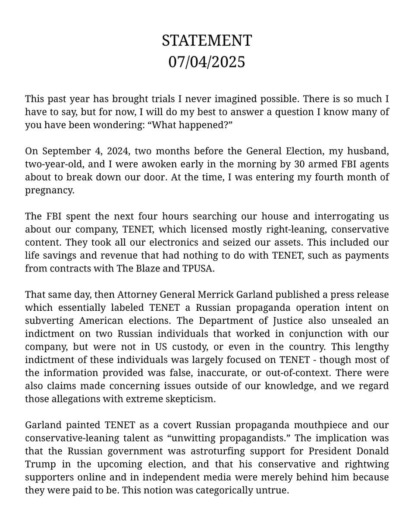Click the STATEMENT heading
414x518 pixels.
pos(207,41)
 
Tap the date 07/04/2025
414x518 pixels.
pos(207,62)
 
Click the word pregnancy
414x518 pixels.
pos(50,190)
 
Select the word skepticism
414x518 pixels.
pos(189,398)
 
